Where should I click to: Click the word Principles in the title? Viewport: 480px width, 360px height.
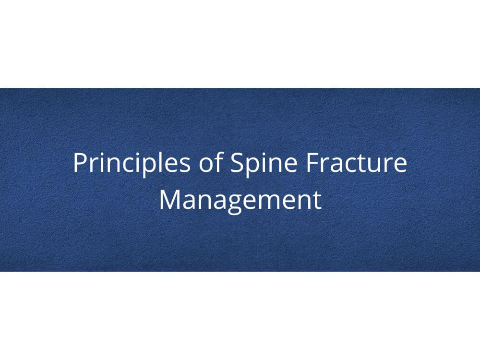[x=132, y=164]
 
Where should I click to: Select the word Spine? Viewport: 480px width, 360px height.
[x=264, y=164]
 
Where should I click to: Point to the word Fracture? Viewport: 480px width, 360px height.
[x=356, y=162]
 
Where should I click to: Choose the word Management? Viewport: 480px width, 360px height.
[x=240, y=201]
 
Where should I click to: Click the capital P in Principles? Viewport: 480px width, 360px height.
[x=80, y=162]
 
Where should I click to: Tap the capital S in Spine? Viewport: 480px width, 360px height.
[x=237, y=162]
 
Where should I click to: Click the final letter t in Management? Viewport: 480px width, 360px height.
[x=317, y=201]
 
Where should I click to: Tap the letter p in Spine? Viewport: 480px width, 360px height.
[x=253, y=168]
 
